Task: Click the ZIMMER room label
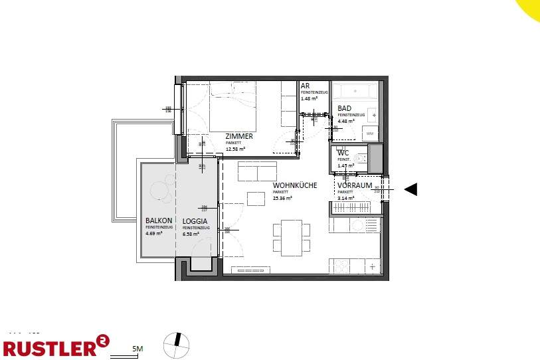tap(240, 136)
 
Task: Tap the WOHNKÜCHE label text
tap(294, 185)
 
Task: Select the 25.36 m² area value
tap(284, 197)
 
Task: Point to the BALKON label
tap(159, 221)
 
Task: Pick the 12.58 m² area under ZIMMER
tap(236, 149)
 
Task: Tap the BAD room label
tap(344, 108)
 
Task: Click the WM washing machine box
tap(370, 134)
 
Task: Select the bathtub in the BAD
tap(355, 90)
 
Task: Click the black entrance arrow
tap(410, 189)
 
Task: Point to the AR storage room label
tap(305, 86)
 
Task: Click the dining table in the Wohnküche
tap(291, 238)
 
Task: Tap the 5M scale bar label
tap(138, 348)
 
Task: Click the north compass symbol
tap(177, 344)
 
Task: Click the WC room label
tap(343, 153)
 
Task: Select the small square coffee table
tap(256, 198)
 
